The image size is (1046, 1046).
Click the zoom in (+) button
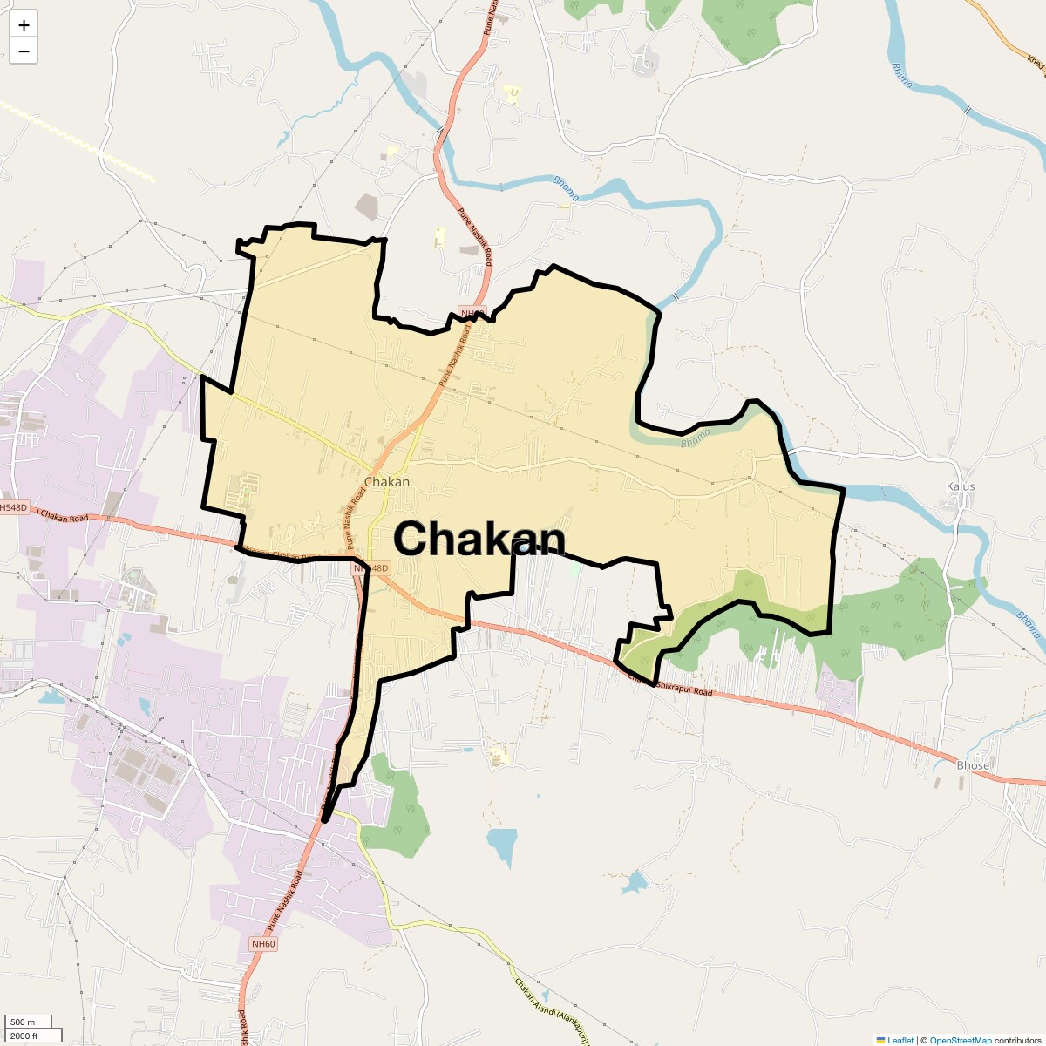coord(24,25)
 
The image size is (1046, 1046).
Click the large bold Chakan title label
coord(479,539)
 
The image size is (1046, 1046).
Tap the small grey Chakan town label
coord(386,482)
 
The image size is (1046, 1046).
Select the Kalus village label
coord(961,486)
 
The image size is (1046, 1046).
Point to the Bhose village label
coord(973,765)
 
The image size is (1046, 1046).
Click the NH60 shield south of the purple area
coord(262,944)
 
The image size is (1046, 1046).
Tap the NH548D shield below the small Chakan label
coord(371,568)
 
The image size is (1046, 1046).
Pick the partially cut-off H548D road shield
coord(14,507)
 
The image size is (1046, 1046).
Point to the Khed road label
coord(1035,64)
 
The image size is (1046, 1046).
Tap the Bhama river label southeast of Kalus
coord(1029,624)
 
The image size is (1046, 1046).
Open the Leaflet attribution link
coord(900,1040)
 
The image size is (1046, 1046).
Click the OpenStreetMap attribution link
coord(960,1040)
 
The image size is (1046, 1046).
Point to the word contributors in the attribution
coord(1017,1040)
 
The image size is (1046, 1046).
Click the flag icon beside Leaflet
coord(880,1040)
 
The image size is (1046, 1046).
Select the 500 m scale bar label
coord(23,1022)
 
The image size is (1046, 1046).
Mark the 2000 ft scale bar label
coord(24,1036)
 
